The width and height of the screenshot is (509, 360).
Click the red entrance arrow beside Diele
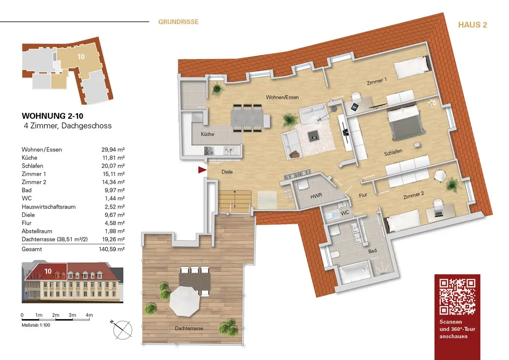click(202, 170)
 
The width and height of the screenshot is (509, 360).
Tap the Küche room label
click(208, 134)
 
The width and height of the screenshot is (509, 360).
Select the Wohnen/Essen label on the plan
click(282, 97)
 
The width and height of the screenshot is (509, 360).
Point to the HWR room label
click(316, 196)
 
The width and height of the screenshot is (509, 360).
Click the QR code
click(457, 296)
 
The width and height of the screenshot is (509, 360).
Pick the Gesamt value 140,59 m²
click(112, 250)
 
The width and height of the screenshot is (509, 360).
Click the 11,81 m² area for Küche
click(114, 158)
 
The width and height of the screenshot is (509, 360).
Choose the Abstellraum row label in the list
click(37, 231)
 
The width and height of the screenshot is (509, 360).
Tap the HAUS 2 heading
click(472, 25)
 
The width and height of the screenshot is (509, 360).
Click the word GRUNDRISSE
click(178, 22)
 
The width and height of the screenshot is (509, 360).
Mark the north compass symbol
click(122, 330)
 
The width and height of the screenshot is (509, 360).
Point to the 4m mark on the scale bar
click(89, 315)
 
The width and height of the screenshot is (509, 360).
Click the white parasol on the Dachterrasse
click(185, 302)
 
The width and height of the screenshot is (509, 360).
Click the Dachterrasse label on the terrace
click(189, 328)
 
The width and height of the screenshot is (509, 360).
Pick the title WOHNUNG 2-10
click(52, 116)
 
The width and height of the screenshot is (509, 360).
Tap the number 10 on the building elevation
click(48, 271)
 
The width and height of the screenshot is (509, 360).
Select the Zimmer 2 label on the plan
click(414, 195)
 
